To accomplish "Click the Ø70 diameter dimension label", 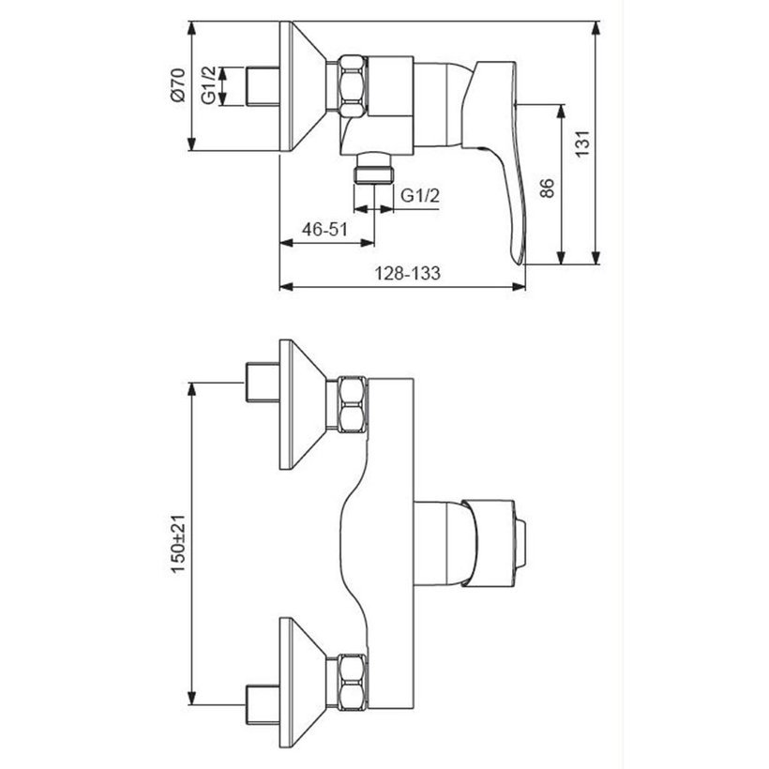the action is point(177,84).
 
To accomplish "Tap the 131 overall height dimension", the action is point(581,143).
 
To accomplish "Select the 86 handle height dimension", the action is point(547,188).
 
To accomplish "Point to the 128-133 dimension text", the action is point(408,273).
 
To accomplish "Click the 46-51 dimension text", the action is point(324,229).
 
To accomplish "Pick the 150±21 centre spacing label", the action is point(178,543).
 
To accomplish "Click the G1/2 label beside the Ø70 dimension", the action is point(209,85).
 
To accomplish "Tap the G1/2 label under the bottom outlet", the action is point(420,195).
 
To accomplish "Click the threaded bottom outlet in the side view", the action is point(374,169).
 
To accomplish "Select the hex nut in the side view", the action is point(352,86).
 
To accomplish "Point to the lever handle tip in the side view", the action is point(519,261).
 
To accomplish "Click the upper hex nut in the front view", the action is point(352,405).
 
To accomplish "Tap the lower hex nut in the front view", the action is point(352,683).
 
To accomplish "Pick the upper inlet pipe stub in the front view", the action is point(263,383).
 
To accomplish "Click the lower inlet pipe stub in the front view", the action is point(263,704).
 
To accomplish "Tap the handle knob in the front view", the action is point(494,543).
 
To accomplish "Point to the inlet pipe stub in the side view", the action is point(263,86).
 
